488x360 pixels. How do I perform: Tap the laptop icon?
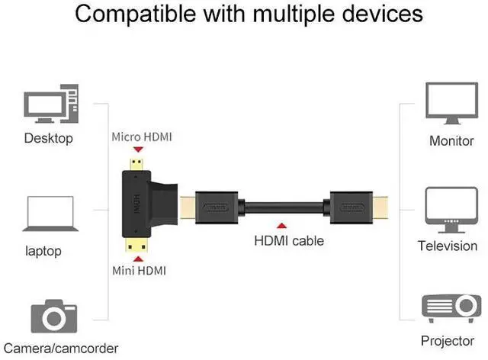click(x=50, y=216)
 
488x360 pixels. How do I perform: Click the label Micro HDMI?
click(x=142, y=137)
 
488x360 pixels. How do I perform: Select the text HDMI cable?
click(x=289, y=241)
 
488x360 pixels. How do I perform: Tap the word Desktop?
click(x=48, y=138)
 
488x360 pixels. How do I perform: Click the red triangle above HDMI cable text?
click(x=282, y=226)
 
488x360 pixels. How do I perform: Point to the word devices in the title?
click(x=374, y=14)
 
